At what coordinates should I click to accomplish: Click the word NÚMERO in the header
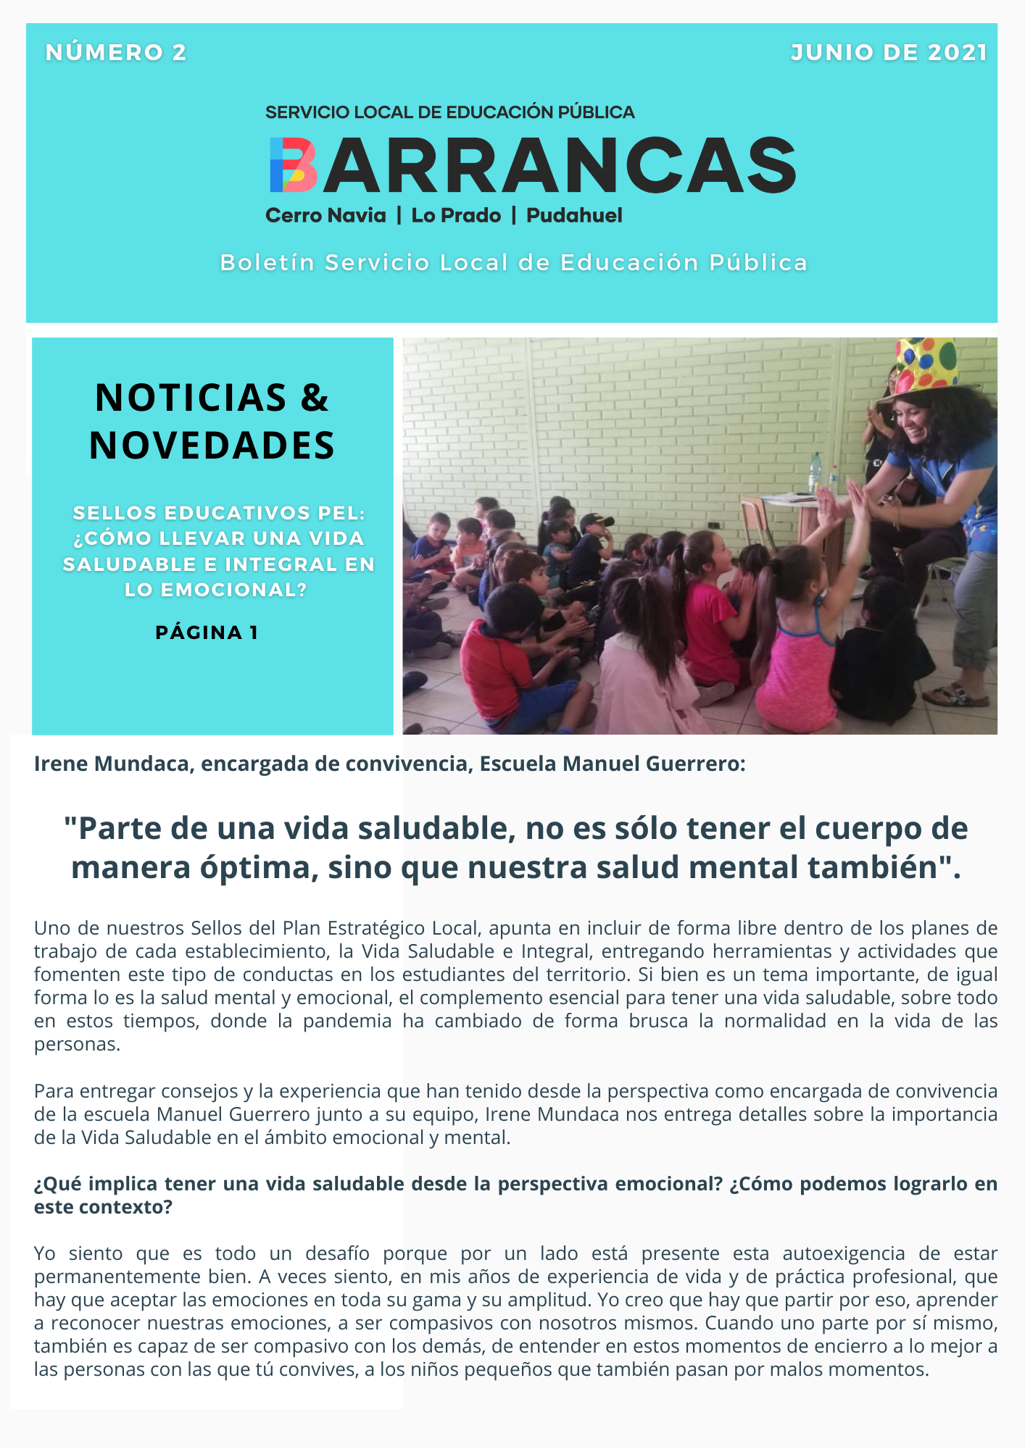point(104,52)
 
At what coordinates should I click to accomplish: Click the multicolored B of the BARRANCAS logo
point(293,165)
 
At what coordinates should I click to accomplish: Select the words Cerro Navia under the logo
point(325,215)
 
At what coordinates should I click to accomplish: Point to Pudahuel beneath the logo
point(574,215)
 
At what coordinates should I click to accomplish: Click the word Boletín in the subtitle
point(267,262)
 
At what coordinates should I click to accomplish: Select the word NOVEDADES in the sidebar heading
point(212,445)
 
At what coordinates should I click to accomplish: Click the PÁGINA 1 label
point(207,632)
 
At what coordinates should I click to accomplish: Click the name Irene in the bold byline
point(62,764)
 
